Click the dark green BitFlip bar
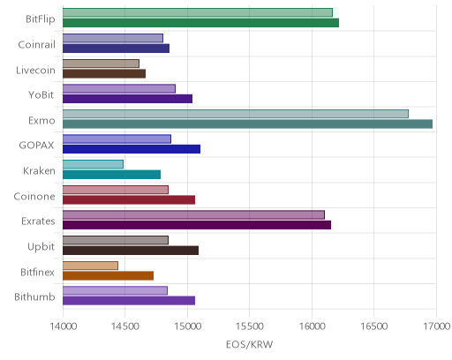pos(200,23)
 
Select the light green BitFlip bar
pos(198,12)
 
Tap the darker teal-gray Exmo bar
pos(247,124)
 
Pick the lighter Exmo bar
pos(236,114)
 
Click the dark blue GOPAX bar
pos(132,149)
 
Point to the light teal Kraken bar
pos(93,164)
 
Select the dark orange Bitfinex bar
pos(108,276)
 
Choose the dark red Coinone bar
pos(129,200)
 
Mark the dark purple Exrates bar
pos(197,225)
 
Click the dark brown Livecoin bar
pos(104,73)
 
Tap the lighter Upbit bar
pos(116,240)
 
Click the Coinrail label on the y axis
pos(37,45)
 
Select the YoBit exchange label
pos(41,95)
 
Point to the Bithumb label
pos(34,297)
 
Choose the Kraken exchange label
pos(39,171)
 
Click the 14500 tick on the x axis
pos(124,326)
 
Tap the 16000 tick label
pos(312,326)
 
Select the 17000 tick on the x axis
pos(437,326)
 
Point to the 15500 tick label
pos(250,326)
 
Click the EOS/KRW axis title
pos(250,344)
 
